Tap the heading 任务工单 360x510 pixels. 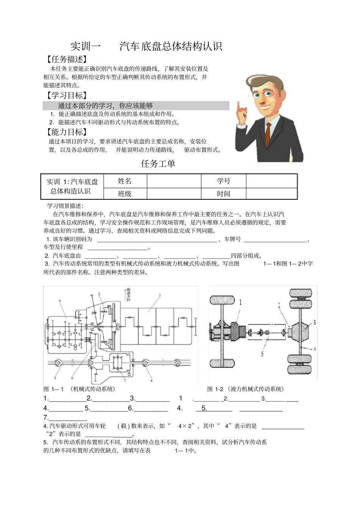pos(158,164)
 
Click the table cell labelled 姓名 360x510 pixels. pos(125,181)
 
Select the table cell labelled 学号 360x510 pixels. pos(224,181)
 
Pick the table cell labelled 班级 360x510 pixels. pos(125,194)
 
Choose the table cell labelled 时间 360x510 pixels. pos(224,194)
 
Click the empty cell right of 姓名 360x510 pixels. pos(174,181)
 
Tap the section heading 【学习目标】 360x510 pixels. pos(66,96)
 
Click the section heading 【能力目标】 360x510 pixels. pos(66,132)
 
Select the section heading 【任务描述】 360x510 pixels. pos(66,59)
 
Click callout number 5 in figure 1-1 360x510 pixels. pos(60,301)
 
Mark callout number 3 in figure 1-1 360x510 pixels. pos(55,378)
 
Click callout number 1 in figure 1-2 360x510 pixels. pos(240,302)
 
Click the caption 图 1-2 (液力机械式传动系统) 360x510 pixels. pos(246,389)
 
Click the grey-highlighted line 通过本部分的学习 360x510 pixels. pos(105,106)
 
